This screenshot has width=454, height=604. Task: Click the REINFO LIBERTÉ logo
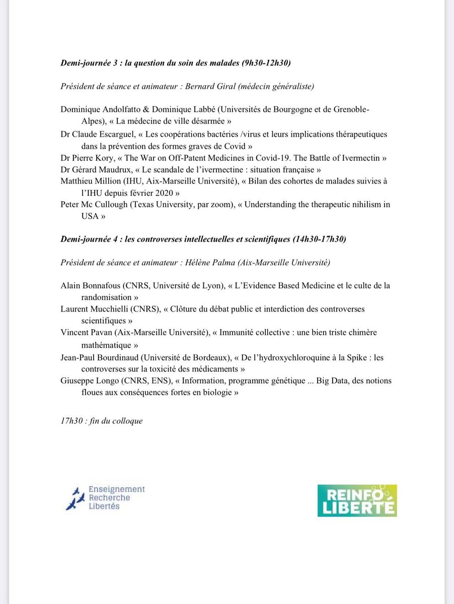click(x=357, y=500)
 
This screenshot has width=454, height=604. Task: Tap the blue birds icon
click(x=75, y=498)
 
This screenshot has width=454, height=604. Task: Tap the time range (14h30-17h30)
click(x=319, y=239)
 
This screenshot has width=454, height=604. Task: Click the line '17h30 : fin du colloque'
click(x=101, y=420)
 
